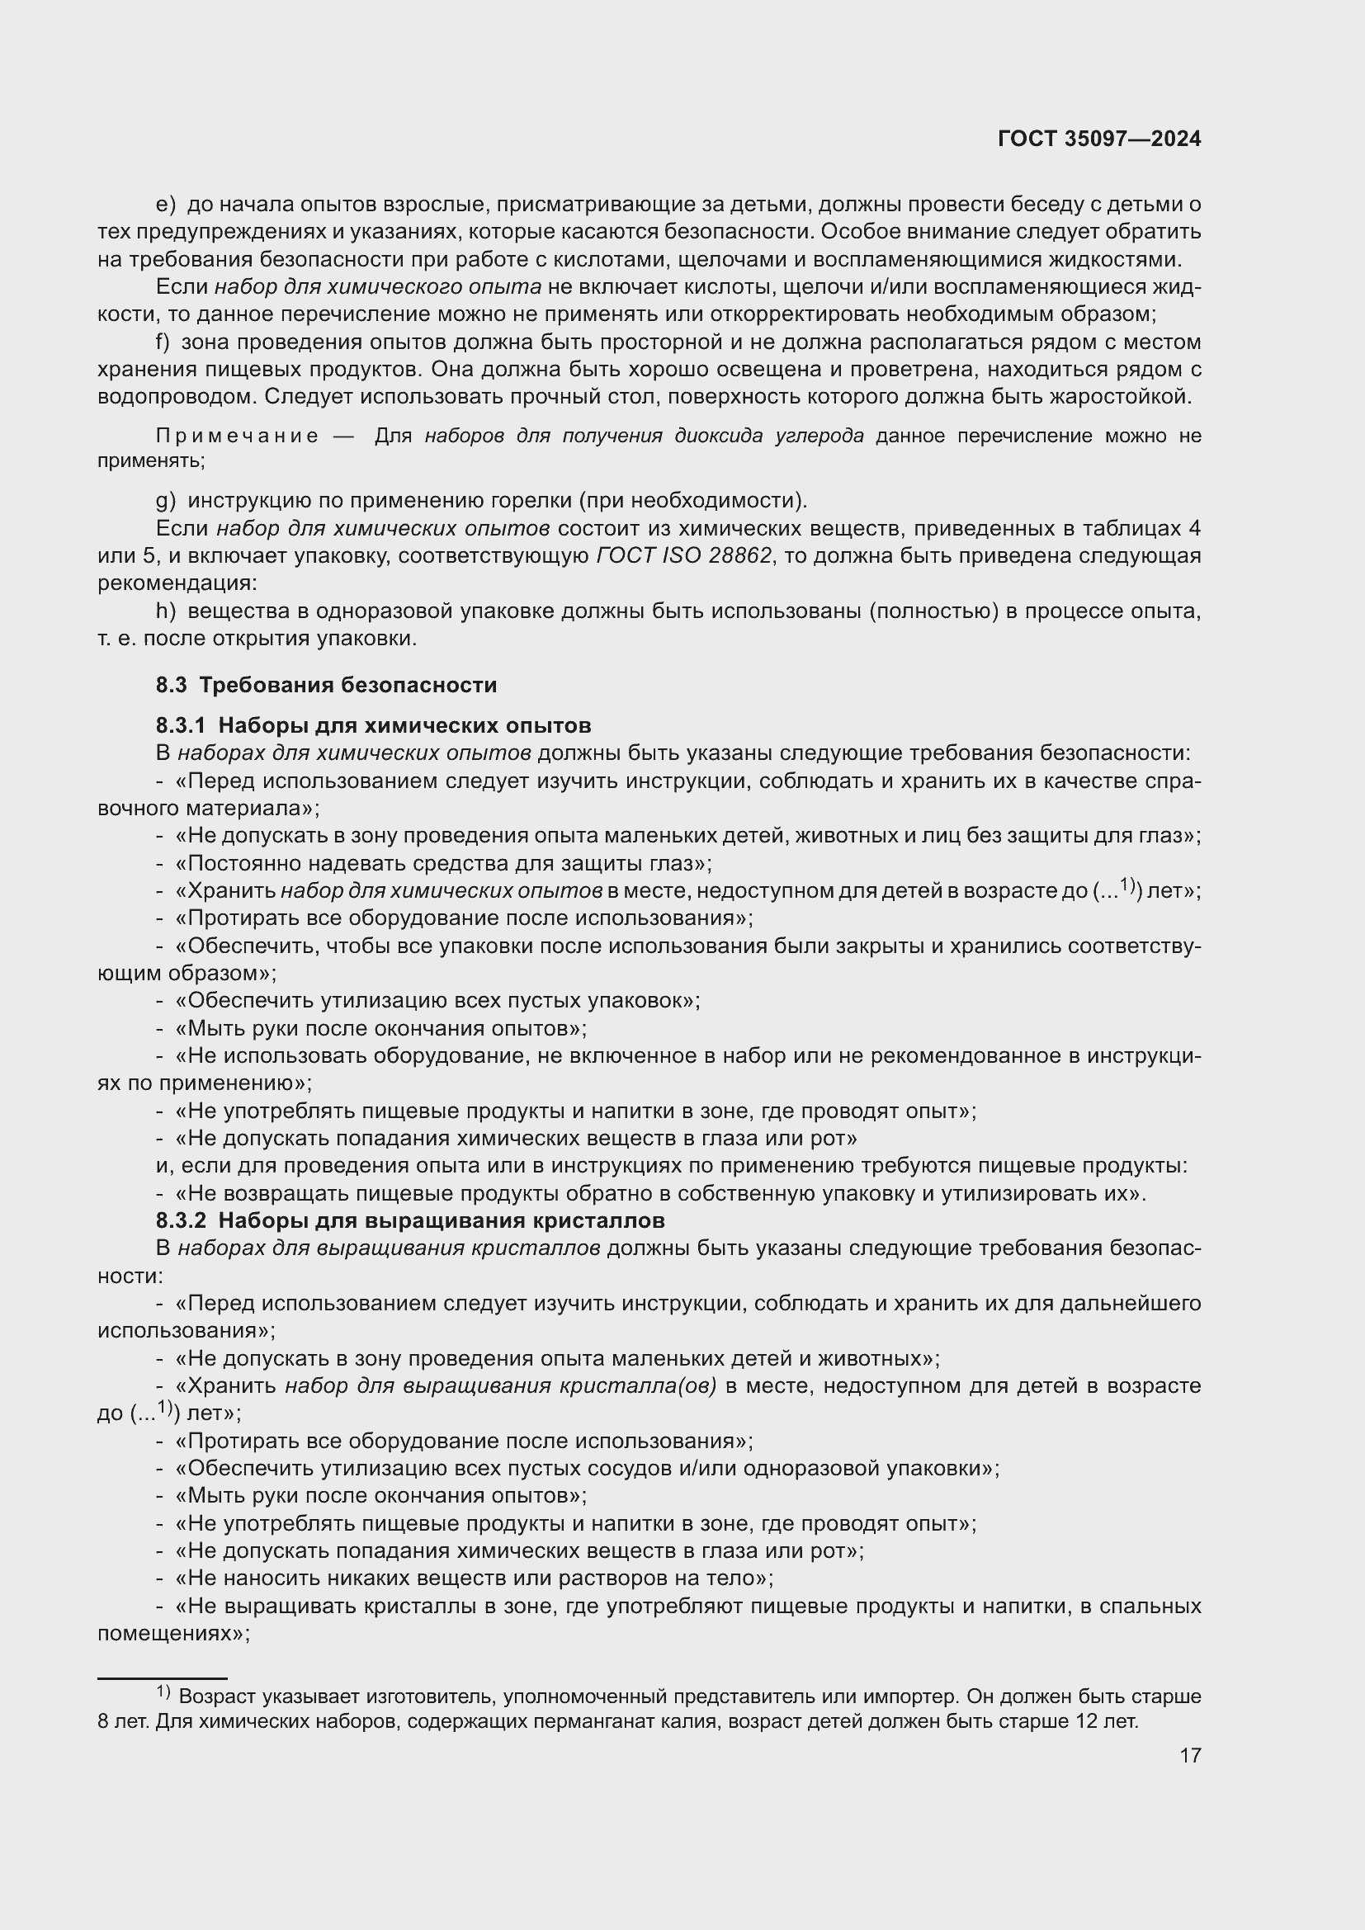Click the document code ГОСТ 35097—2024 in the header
pos(1098,139)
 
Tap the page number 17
pos(1190,1754)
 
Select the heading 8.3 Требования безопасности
pos(326,685)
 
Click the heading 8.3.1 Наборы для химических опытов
pos(373,725)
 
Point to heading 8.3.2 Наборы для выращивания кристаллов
pos(410,1220)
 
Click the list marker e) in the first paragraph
pos(166,205)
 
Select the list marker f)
pos(163,342)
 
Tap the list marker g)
pos(166,501)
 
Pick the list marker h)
pos(166,611)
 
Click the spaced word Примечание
pos(238,436)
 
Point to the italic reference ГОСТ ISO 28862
pos(683,555)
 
